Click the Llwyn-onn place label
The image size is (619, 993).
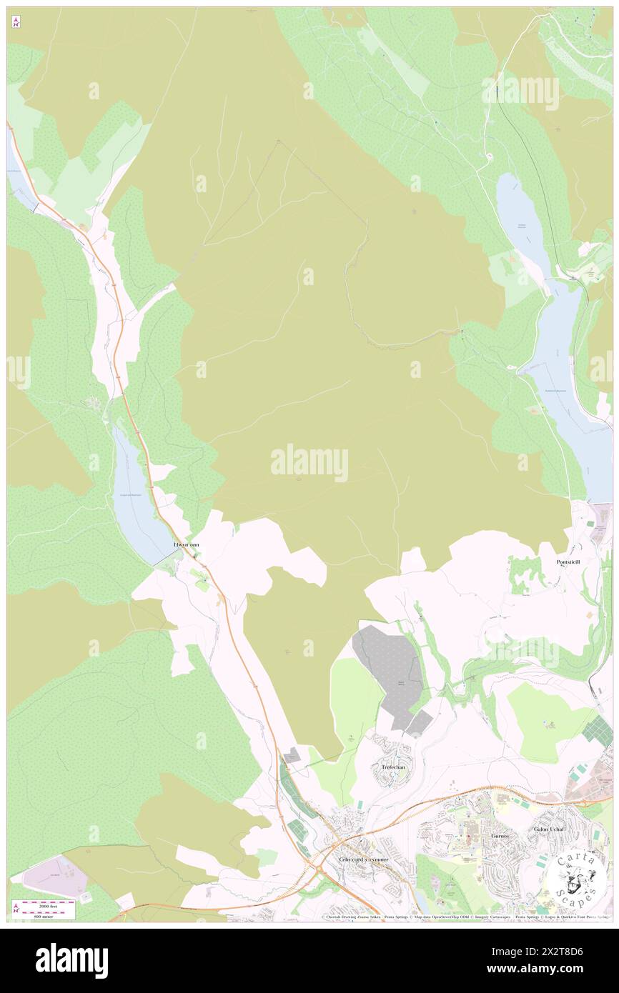[x=187, y=544]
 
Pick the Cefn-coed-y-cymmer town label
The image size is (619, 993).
[x=364, y=859]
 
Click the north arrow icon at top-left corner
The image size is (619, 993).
[x=16, y=23]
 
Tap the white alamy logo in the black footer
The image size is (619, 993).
[x=71, y=960]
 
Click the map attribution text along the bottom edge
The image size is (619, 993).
[x=465, y=917]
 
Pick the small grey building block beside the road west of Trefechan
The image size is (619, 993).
[x=292, y=755]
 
